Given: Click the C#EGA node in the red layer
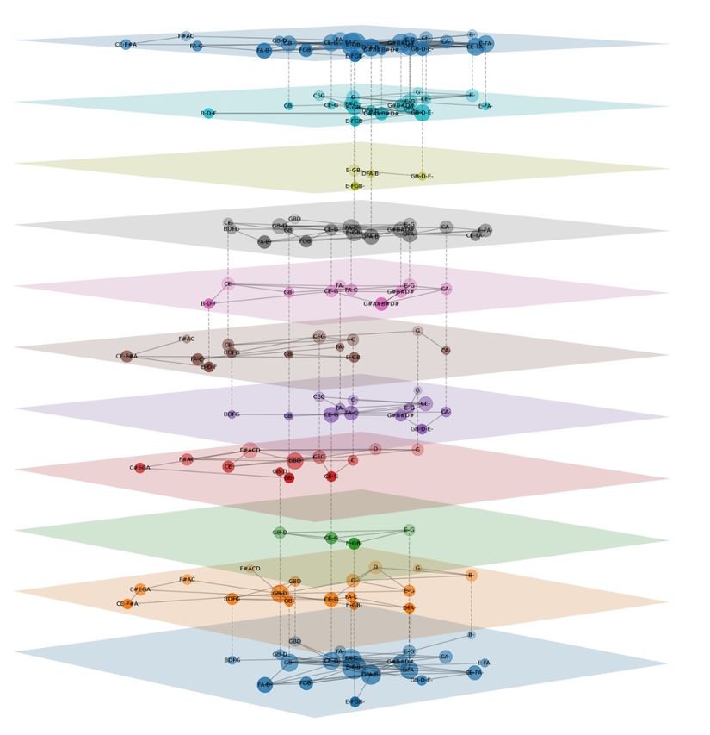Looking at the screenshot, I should click(x=140, y=468).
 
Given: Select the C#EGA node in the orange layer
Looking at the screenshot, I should click(x=140, y=589).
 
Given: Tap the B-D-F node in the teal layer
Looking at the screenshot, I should click(x=208, y=113).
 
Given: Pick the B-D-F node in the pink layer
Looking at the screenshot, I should click(x=208, y=303).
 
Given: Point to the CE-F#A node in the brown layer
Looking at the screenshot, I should click(x=127, y=356).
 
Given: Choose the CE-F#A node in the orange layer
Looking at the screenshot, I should click(x=127, y=603).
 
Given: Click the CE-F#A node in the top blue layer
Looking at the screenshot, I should click(x=126, y=44).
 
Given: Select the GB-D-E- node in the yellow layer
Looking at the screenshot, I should click(x=422, y=176).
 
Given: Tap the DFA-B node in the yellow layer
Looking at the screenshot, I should click(x=370, y=173).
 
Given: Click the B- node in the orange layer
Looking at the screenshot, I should click(x=471, y=575).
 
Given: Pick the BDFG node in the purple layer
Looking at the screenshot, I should click(x=232, y=414).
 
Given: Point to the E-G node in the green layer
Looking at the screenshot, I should click(x=409, y=530).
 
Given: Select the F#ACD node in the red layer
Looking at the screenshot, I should click(x=250, y=450).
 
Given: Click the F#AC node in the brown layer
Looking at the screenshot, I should click(x=187, y=339).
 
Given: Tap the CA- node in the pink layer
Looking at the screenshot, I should click(x=446, y=289).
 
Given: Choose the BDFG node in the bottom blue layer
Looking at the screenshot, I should click(x=232, y=660).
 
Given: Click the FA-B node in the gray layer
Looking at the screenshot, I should click(x=264, y=242).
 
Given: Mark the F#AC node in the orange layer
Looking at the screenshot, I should click(x=187, y=580).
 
